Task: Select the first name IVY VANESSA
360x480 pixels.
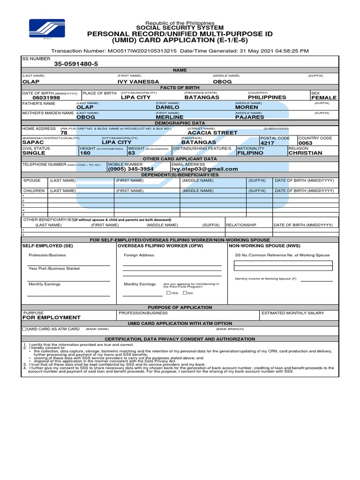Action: pyautogui.click(x=138, y=82)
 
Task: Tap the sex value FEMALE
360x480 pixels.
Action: pyautogui.click(x=324, y=97)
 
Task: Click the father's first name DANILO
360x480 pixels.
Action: pyautogui.click(x=167, y=107)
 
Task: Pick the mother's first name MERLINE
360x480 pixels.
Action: pyautogui.click(x=169, y=117)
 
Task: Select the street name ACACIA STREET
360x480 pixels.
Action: pyautogui.click(x=212, y=133)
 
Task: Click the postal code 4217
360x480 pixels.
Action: pyautogui.click(x=267, y=142)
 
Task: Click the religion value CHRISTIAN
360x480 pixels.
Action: pyautogui.click(x=305, y=153)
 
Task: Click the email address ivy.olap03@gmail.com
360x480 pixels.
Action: pyautogui.click(x=204, y=169)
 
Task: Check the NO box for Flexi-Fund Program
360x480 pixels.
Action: pyautogui.click(x=185, y=293)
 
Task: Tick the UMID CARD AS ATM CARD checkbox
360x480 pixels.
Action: pyautogui.click(x=24, y=329)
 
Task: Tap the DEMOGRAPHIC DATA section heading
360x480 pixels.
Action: pyautogui.click(x=180, y=122)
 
